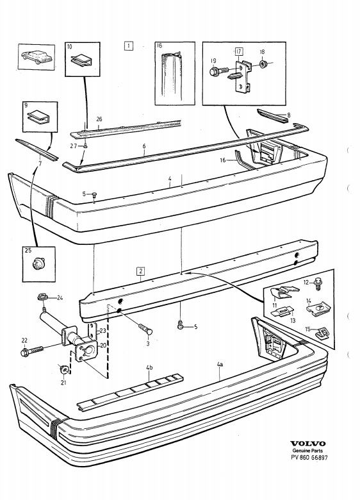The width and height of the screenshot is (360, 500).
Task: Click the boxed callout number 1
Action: coord(128,46)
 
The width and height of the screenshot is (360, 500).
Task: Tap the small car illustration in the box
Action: coord(37,57)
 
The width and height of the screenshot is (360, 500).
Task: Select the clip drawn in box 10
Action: coord(82,61)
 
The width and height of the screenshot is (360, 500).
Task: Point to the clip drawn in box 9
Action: coord(38,117)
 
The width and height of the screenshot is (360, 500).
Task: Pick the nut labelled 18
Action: coord(263,63)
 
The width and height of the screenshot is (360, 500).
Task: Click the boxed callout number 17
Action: coord(239,51)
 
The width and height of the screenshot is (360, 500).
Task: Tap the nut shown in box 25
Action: coord(39,263)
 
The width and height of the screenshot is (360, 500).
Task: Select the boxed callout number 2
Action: coord(140,271)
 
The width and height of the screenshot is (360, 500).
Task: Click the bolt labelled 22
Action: coord(31,351)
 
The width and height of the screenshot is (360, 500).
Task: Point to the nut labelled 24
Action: coord(42,297)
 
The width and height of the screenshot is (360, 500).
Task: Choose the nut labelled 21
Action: coord(63,369)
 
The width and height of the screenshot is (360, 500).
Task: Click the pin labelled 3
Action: coord(145,328)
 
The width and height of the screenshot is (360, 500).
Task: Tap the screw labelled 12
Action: coord(317,283)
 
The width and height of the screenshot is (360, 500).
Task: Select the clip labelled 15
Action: coord(322,333)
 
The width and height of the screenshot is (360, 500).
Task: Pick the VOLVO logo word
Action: coord(307,444)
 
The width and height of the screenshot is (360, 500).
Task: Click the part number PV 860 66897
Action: coord(309,457)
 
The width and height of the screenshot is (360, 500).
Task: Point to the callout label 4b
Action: coord(149,368)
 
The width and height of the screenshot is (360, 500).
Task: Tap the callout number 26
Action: coord(99,120)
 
